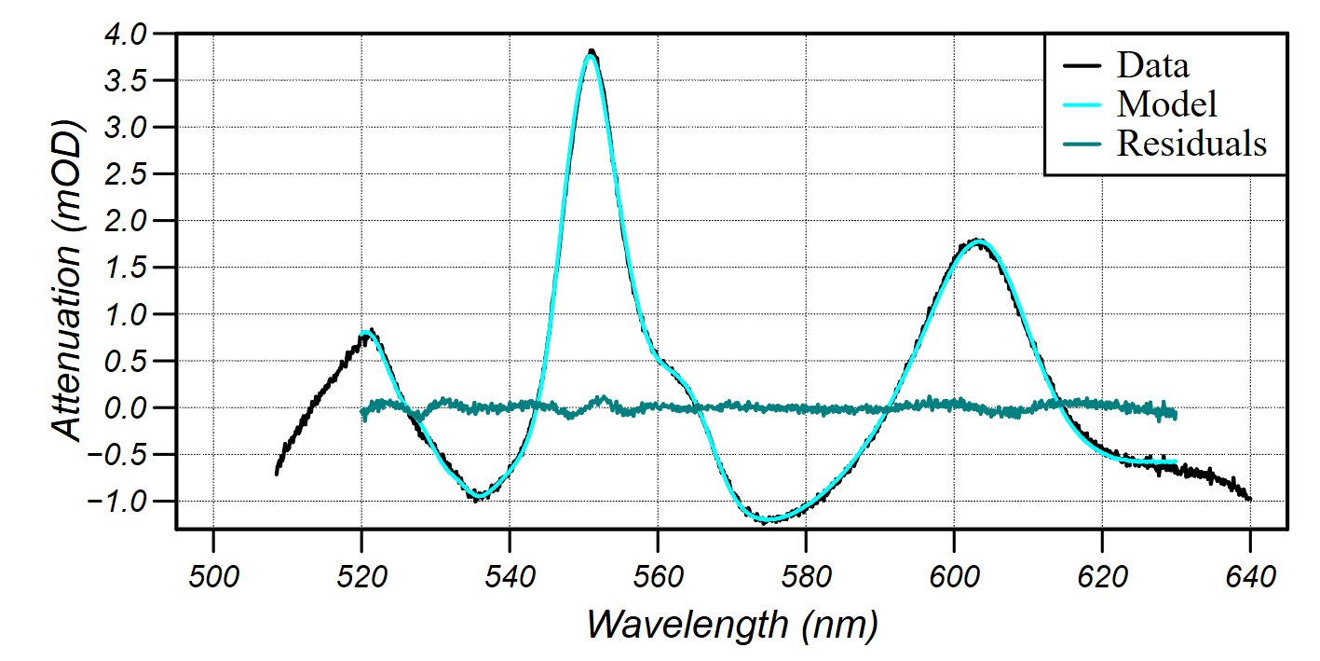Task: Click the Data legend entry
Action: click(x=1152, y=66)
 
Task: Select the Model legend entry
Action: click(x=1166, y=103)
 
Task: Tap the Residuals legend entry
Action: click(x=1191, y=144)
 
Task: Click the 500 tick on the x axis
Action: click(x=213, y=576)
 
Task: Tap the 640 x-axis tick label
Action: click(x=1249, y=576)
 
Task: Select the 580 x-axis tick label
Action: click(x=805, y=576)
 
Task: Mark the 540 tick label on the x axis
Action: click(x=510, y=576)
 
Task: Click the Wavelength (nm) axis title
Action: click(x=732, y=622)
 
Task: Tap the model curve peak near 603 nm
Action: click(x=977, y=241)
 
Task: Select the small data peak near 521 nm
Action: click(x=370, y=332)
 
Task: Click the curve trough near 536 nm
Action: click(x=479, y=496)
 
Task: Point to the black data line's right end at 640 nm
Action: click(x=1249, y=500)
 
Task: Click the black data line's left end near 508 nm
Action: click(x=277, y=474)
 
